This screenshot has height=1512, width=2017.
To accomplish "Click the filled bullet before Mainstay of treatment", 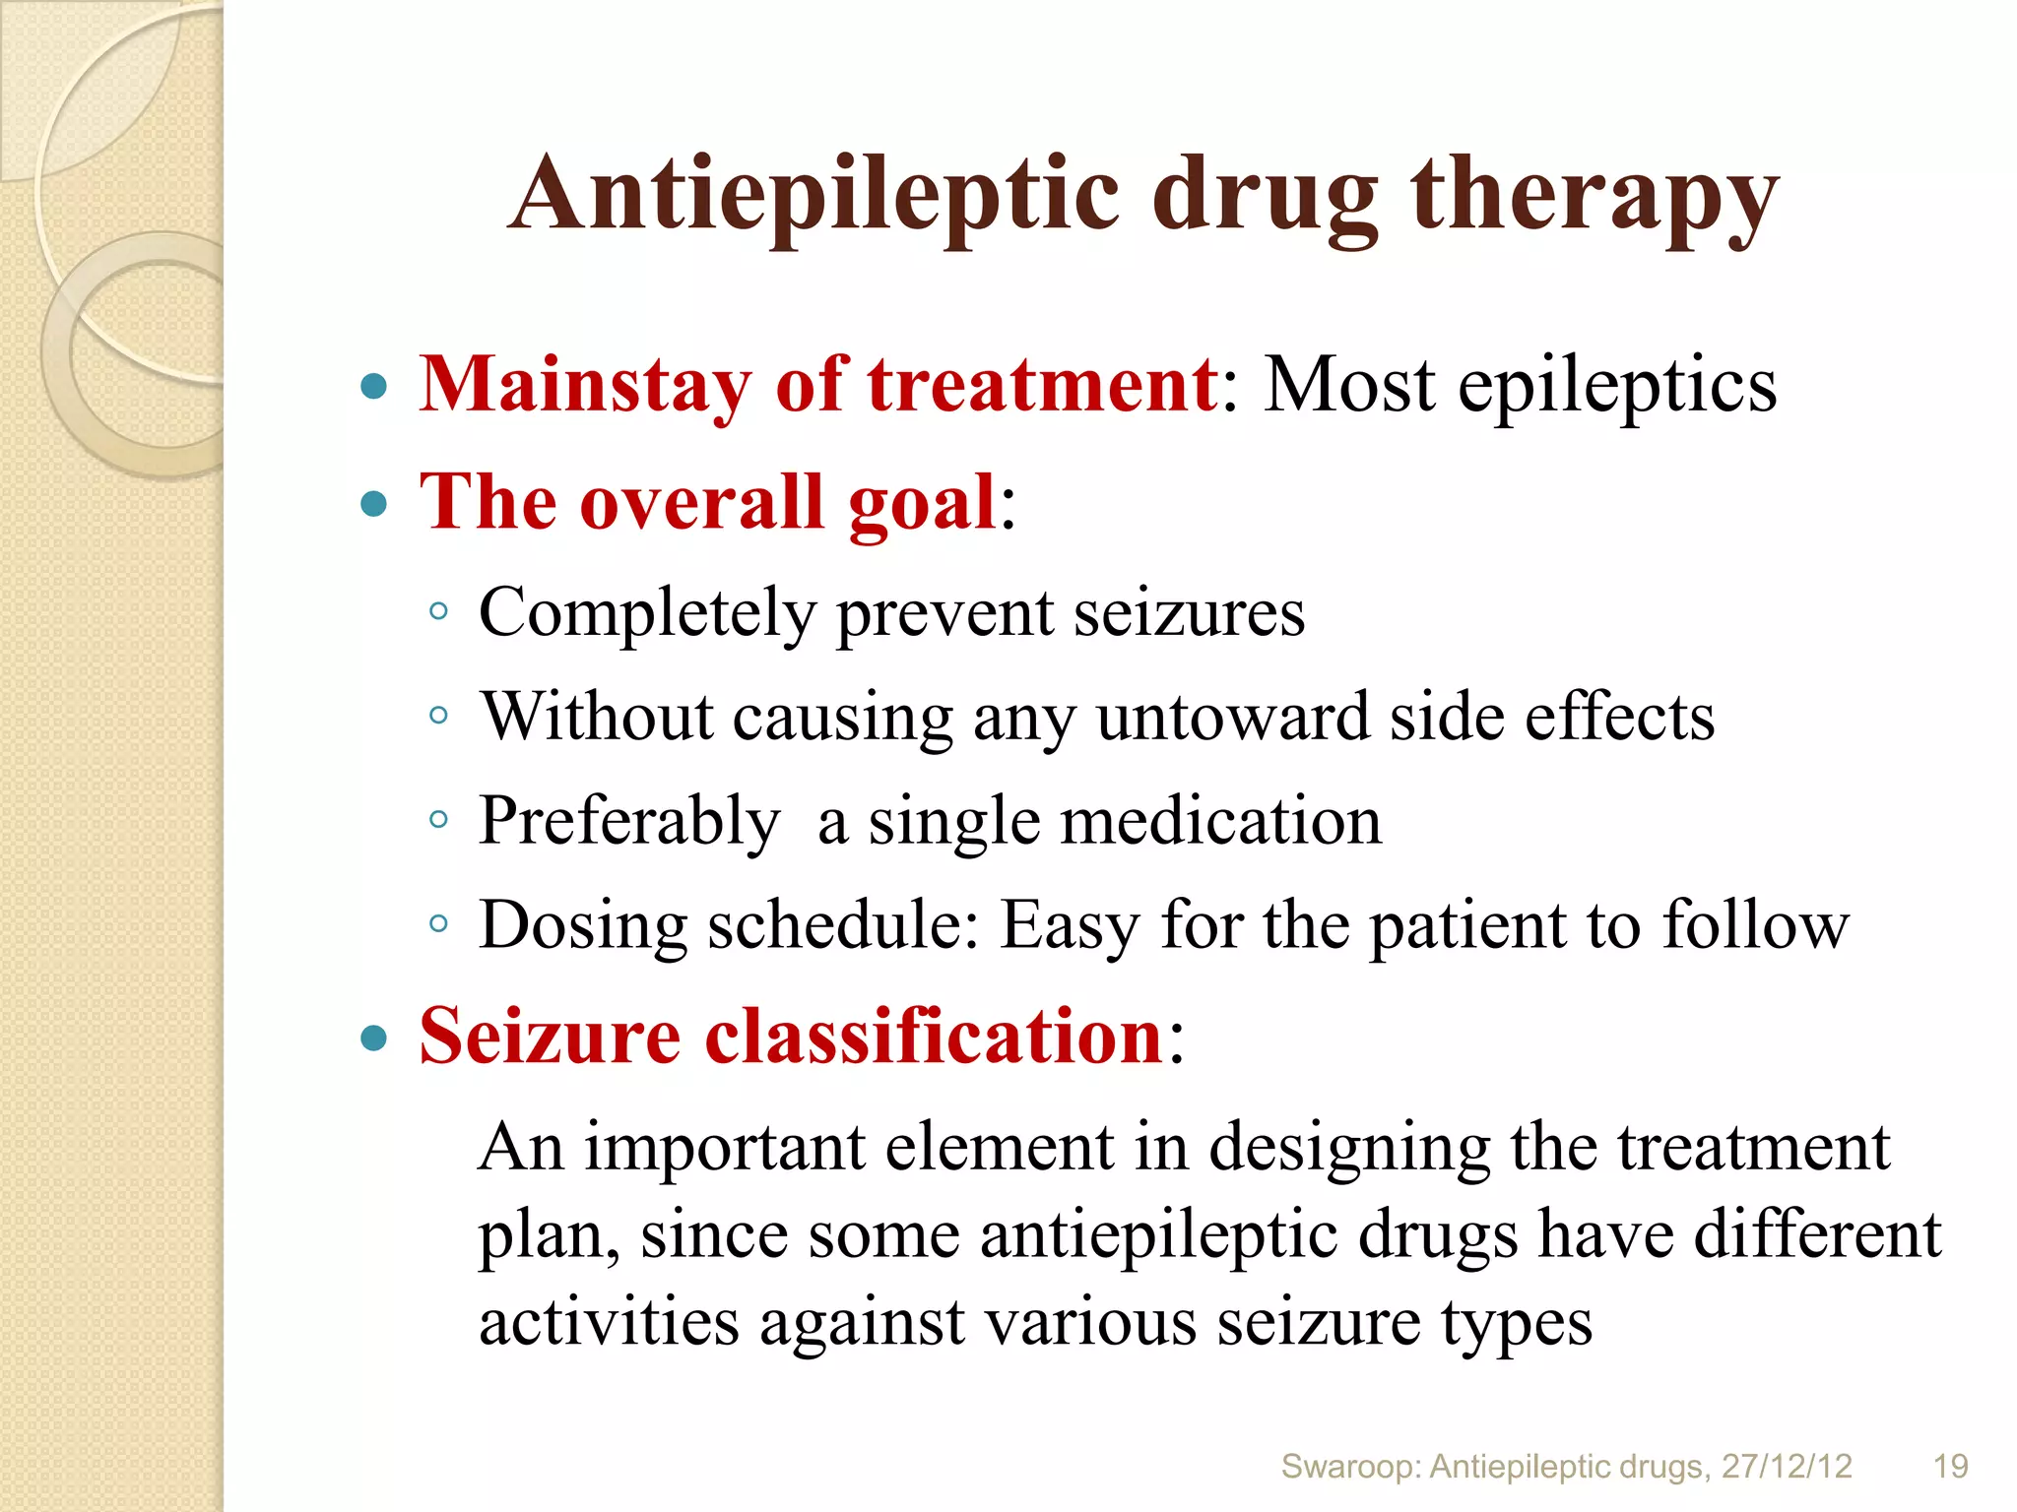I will (x=374, y=386).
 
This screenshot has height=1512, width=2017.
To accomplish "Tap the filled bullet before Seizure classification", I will (x=374, y=1038).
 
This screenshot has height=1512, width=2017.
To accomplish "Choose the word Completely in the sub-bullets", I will (x=647, y=614).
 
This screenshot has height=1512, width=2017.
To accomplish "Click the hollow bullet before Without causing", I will (x=439, y=716).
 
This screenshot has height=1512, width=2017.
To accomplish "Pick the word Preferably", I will (x=629, y=822).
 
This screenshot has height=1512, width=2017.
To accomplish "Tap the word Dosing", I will (x=583, y=926).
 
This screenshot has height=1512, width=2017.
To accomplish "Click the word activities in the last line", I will (x=609, y=1322).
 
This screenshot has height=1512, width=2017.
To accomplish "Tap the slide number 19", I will (x=1951, y=1467).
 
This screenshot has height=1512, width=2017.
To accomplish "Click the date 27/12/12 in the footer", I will (x=1787, y=1467).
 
